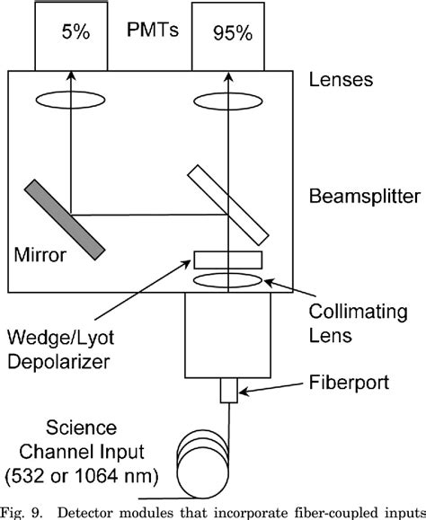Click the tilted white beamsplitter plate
click(x=228, y=206)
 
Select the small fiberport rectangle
click(x=228, y=392)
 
